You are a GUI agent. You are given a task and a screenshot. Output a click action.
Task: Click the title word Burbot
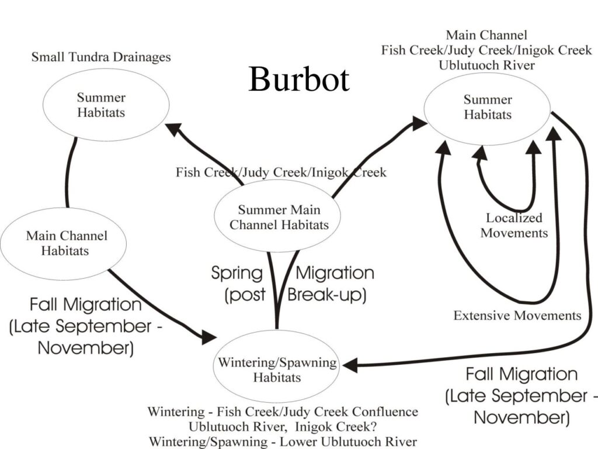[x=298, y=80]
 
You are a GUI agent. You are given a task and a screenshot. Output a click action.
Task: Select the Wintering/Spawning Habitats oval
[x=277, y=369]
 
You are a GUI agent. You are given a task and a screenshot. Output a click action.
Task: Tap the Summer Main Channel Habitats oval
[x=279, y=217]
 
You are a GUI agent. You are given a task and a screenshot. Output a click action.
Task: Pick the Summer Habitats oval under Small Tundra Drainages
[x=101, y=105]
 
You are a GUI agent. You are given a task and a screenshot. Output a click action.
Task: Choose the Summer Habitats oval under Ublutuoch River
[x=488, y=108]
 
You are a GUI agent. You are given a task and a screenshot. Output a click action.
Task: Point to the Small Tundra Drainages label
[x=101, y=57]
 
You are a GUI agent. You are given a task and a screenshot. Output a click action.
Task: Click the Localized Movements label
[x=514, y=225]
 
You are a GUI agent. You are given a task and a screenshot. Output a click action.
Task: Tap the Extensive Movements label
[x=517, y=316]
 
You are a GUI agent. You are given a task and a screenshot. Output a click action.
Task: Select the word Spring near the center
[x=237, y=273]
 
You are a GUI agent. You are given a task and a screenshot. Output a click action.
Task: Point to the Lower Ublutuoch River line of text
[x=283, y=441]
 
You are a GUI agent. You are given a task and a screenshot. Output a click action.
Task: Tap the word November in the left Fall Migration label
[x=86, y=348]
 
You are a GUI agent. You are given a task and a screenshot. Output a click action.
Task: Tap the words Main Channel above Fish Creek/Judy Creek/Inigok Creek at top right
[x=486, y=35]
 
